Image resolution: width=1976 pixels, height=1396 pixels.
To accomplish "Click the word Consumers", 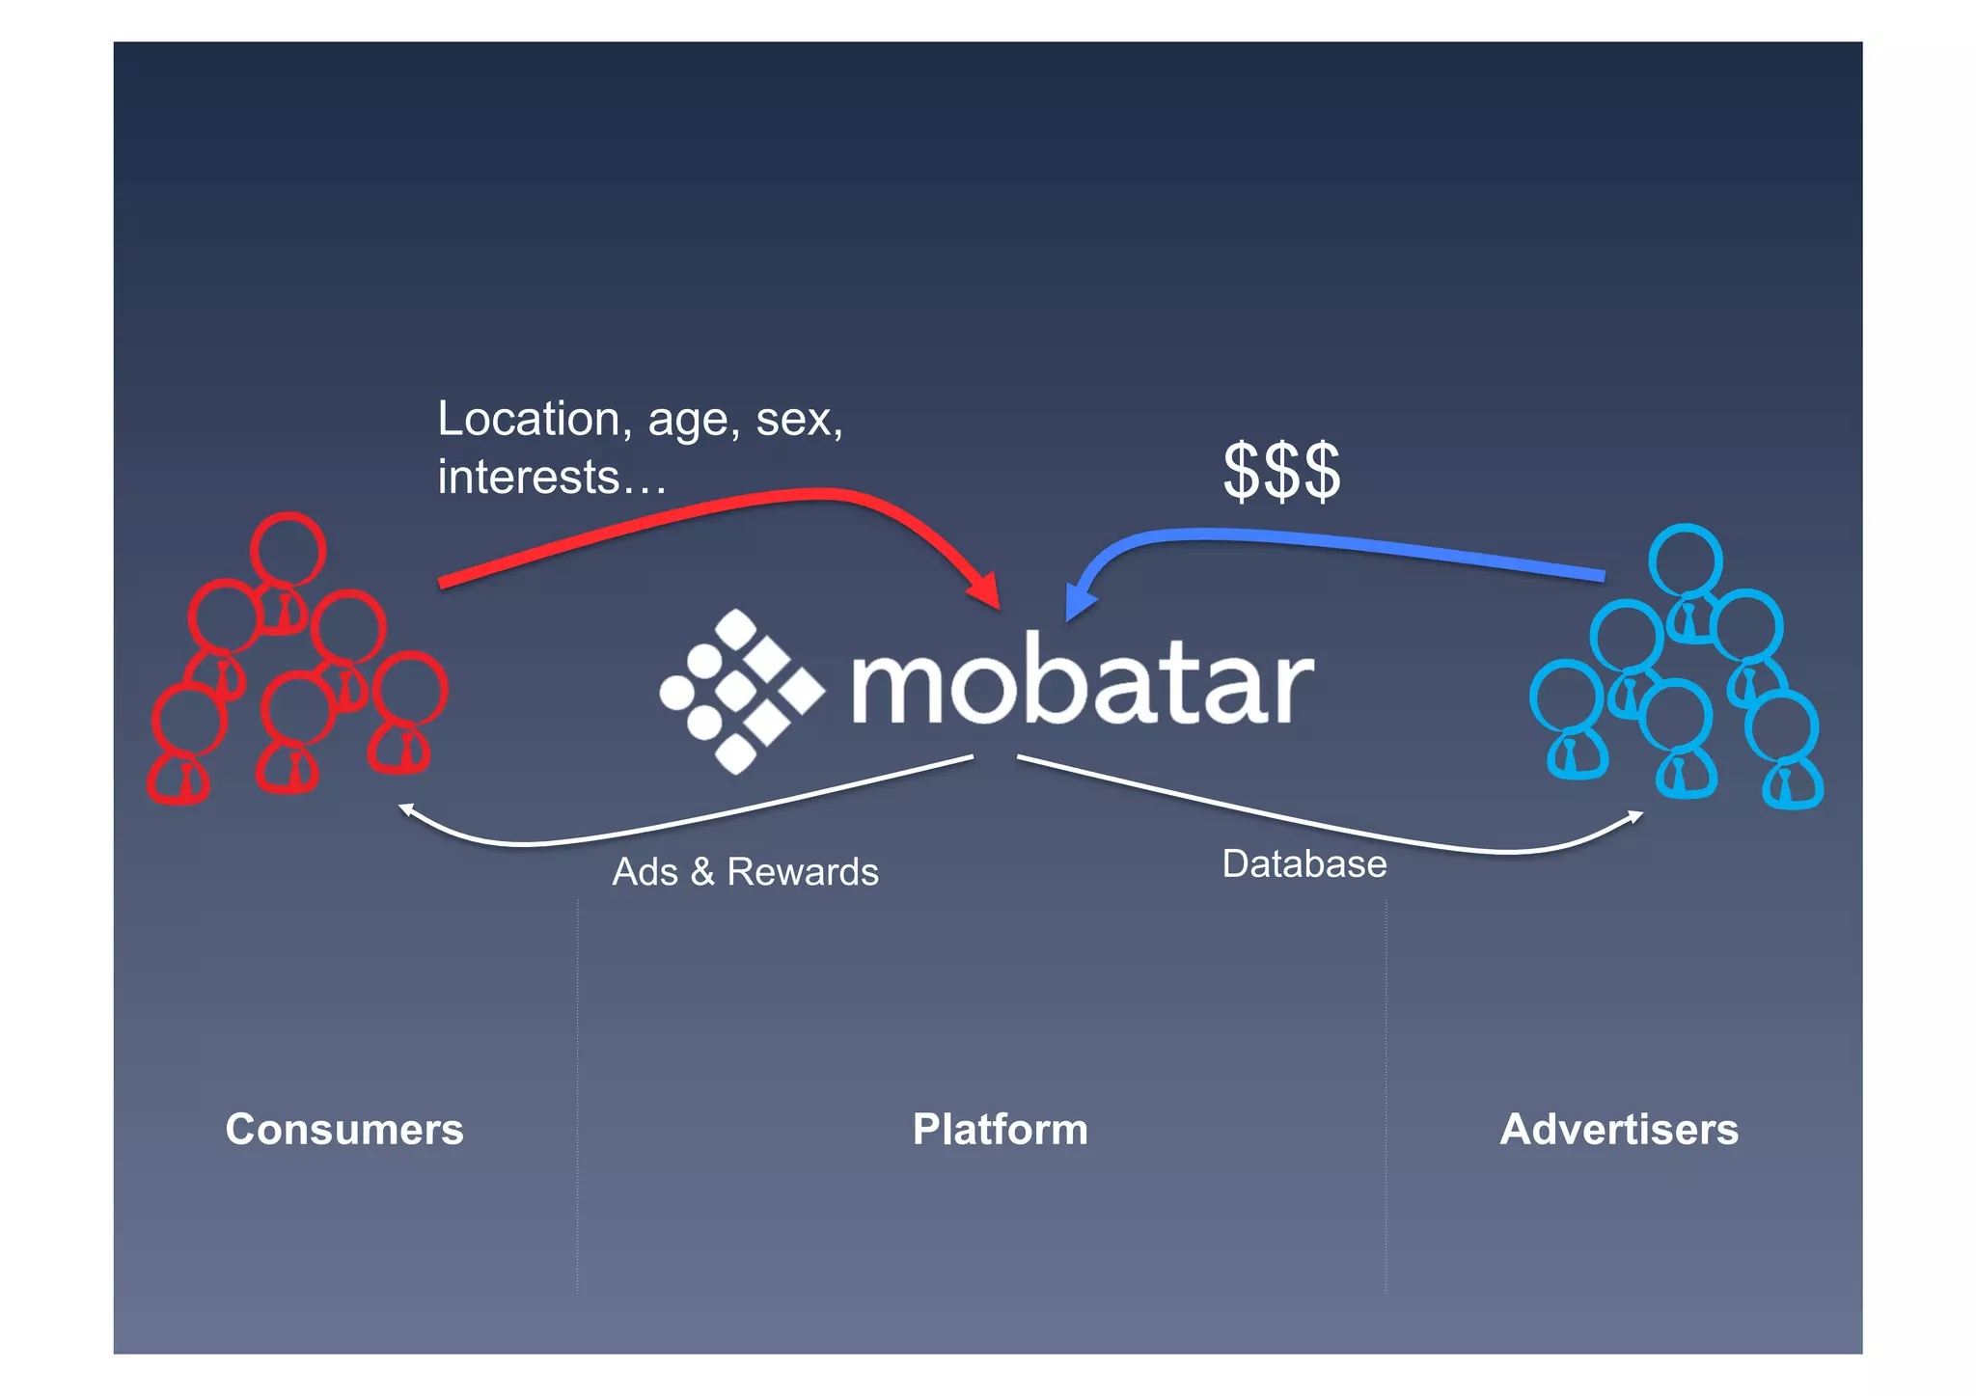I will coord(344,1129).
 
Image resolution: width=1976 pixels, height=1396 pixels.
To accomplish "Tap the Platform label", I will coord(1001,1129).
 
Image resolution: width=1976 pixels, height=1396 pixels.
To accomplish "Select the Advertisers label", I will coord(1619,1129).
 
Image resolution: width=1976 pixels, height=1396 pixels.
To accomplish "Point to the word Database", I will coord(1304,864).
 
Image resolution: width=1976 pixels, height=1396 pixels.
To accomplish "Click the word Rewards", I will coord(803,872).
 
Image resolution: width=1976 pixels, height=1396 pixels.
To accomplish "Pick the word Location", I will coord(528,420).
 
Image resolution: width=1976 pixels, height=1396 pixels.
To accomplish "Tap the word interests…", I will coord(552,478).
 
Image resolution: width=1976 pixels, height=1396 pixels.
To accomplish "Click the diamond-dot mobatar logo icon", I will coord(740,692).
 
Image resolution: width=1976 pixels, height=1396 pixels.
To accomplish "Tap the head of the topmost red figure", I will coord(288,548).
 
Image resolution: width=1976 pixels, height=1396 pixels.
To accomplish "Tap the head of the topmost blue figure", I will coord(1686,560).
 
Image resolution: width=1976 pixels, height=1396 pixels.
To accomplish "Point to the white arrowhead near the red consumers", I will coord(407,810).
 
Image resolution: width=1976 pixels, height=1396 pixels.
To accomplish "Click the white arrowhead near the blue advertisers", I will coord(1635,817).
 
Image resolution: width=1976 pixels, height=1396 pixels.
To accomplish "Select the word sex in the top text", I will coord(797,420).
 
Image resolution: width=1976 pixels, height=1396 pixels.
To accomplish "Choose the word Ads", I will coord(645,872).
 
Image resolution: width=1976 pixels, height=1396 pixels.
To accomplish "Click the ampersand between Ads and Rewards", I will coord(702,872).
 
